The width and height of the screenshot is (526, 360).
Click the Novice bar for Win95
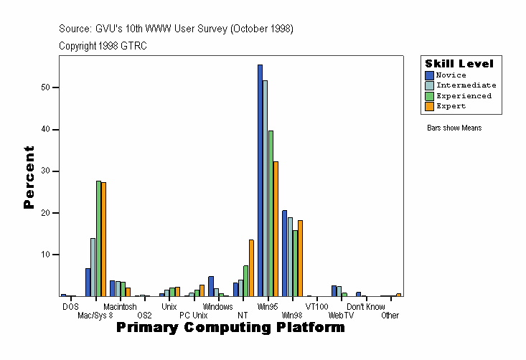coord(260,180)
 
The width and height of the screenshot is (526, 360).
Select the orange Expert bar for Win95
coord(276,229)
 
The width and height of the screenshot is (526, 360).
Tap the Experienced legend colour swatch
coord(430,96)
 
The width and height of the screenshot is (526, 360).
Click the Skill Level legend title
coord(459,64)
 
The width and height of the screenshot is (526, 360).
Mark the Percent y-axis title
coord(29,177)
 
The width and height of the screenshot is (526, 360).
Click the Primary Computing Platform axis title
coord(230,328)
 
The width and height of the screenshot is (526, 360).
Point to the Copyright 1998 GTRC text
coord(103,45)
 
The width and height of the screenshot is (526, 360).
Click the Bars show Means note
coord(454,128)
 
